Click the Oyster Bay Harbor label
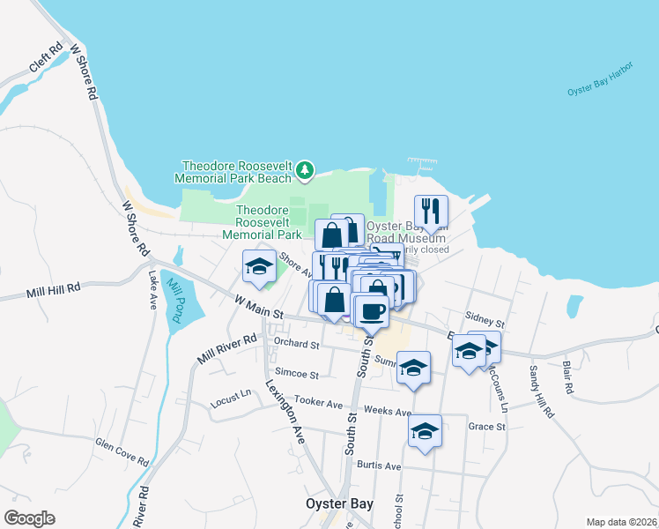pyautogui.click(x=600, y=91)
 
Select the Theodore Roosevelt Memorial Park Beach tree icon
pyautogui.click(x=305, y=169)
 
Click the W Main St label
pyautogui.click(x=258, y=309)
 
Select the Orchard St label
pyautogui.click(x=295, y=343)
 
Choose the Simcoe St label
pyautogui.click(x=295, y=374)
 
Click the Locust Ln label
pyautogui.click(x=232, y=402)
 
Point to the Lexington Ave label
pyautogui.click(x=285, y=412)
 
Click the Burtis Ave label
pyautogui.click(x=380, y=466)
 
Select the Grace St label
pyautogui.click(x=487, y=427)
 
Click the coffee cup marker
pyautogui.click(x=372, y=309)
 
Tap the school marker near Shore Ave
pyautogui.click(x=259, y=266)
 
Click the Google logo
pyautogui.click(x=29, y=518)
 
